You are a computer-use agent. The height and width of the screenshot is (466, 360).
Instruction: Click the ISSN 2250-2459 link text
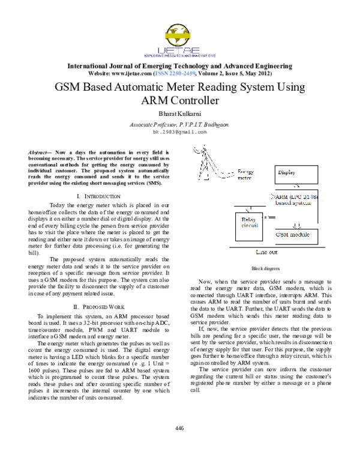click(191, 73)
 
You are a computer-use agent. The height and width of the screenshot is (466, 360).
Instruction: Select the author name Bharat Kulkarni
click(180, 112)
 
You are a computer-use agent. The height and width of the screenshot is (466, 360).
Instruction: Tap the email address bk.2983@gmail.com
click(180, 131)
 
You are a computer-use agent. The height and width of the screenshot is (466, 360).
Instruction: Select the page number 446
click(179, 428)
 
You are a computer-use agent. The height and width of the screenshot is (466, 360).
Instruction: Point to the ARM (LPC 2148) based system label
click(300, 200)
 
